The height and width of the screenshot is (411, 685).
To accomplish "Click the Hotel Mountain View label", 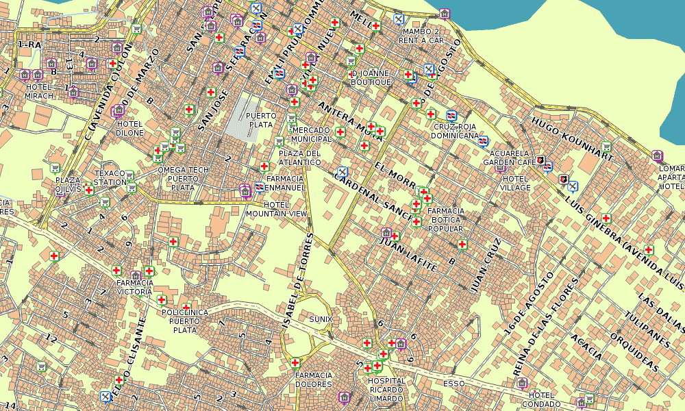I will coord(277,210).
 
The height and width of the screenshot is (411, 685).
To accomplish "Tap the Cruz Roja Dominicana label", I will coord(455,131).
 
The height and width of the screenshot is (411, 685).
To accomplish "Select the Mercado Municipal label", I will coord(312,134).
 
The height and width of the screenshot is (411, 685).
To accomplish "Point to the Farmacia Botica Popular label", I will coord(446,220).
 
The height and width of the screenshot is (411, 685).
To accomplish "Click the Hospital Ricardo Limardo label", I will coord(386,390).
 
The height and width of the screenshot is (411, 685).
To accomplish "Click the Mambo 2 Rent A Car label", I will coord(422,36).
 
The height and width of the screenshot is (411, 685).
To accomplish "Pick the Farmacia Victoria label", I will coord(134,287).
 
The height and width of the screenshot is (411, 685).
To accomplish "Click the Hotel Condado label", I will coord(541,399).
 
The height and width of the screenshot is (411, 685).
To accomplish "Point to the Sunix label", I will coord(320,319).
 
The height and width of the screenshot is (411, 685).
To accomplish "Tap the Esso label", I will coord(453,384).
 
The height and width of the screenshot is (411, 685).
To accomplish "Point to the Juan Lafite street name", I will coord(408,255).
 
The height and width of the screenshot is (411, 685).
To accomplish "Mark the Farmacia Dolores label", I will coord(313,380).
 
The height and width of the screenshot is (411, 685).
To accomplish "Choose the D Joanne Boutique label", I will coord(371,77).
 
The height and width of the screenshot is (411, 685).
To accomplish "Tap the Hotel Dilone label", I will coord(129,128).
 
